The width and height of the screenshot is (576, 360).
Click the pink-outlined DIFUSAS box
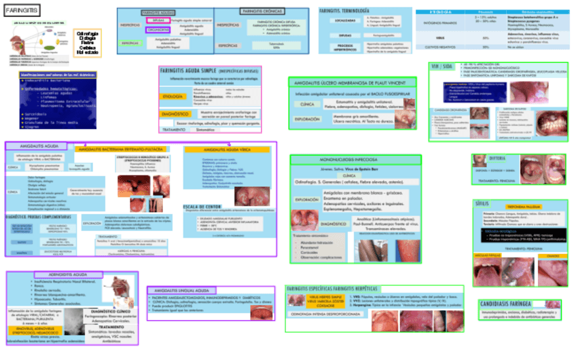(156, 21)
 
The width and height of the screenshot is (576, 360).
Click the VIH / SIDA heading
(444, 66)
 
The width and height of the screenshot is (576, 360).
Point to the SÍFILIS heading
(484, 203)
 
